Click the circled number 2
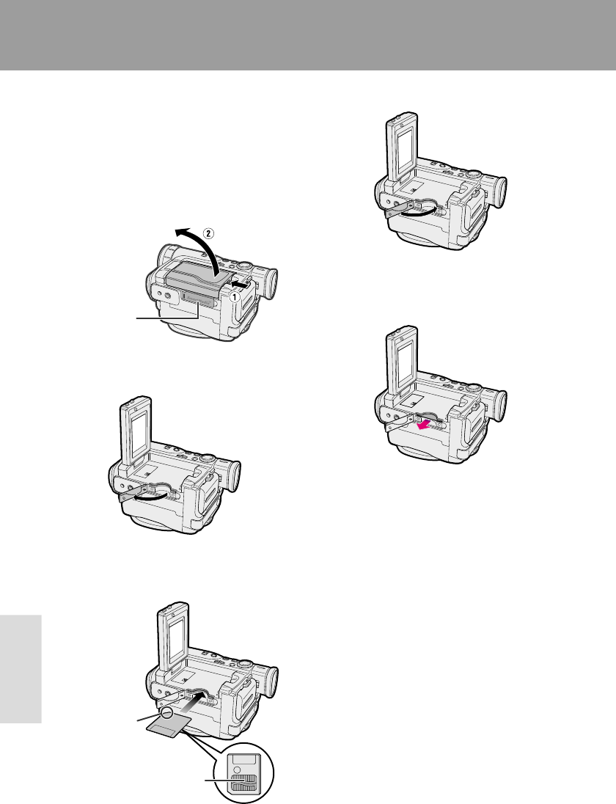(208, 233)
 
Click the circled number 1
(233, 296)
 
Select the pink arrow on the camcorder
(425, 425)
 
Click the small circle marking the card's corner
(166, 714)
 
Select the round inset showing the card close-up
(243, 773)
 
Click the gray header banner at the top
(308, 35)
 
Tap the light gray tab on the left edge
(21, 668)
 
